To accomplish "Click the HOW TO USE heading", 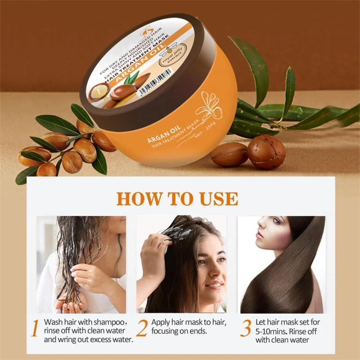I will click(x=177, y=198).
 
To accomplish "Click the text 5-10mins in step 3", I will click(x=270, y=331).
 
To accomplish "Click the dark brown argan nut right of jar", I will click(x=266, y=152).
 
